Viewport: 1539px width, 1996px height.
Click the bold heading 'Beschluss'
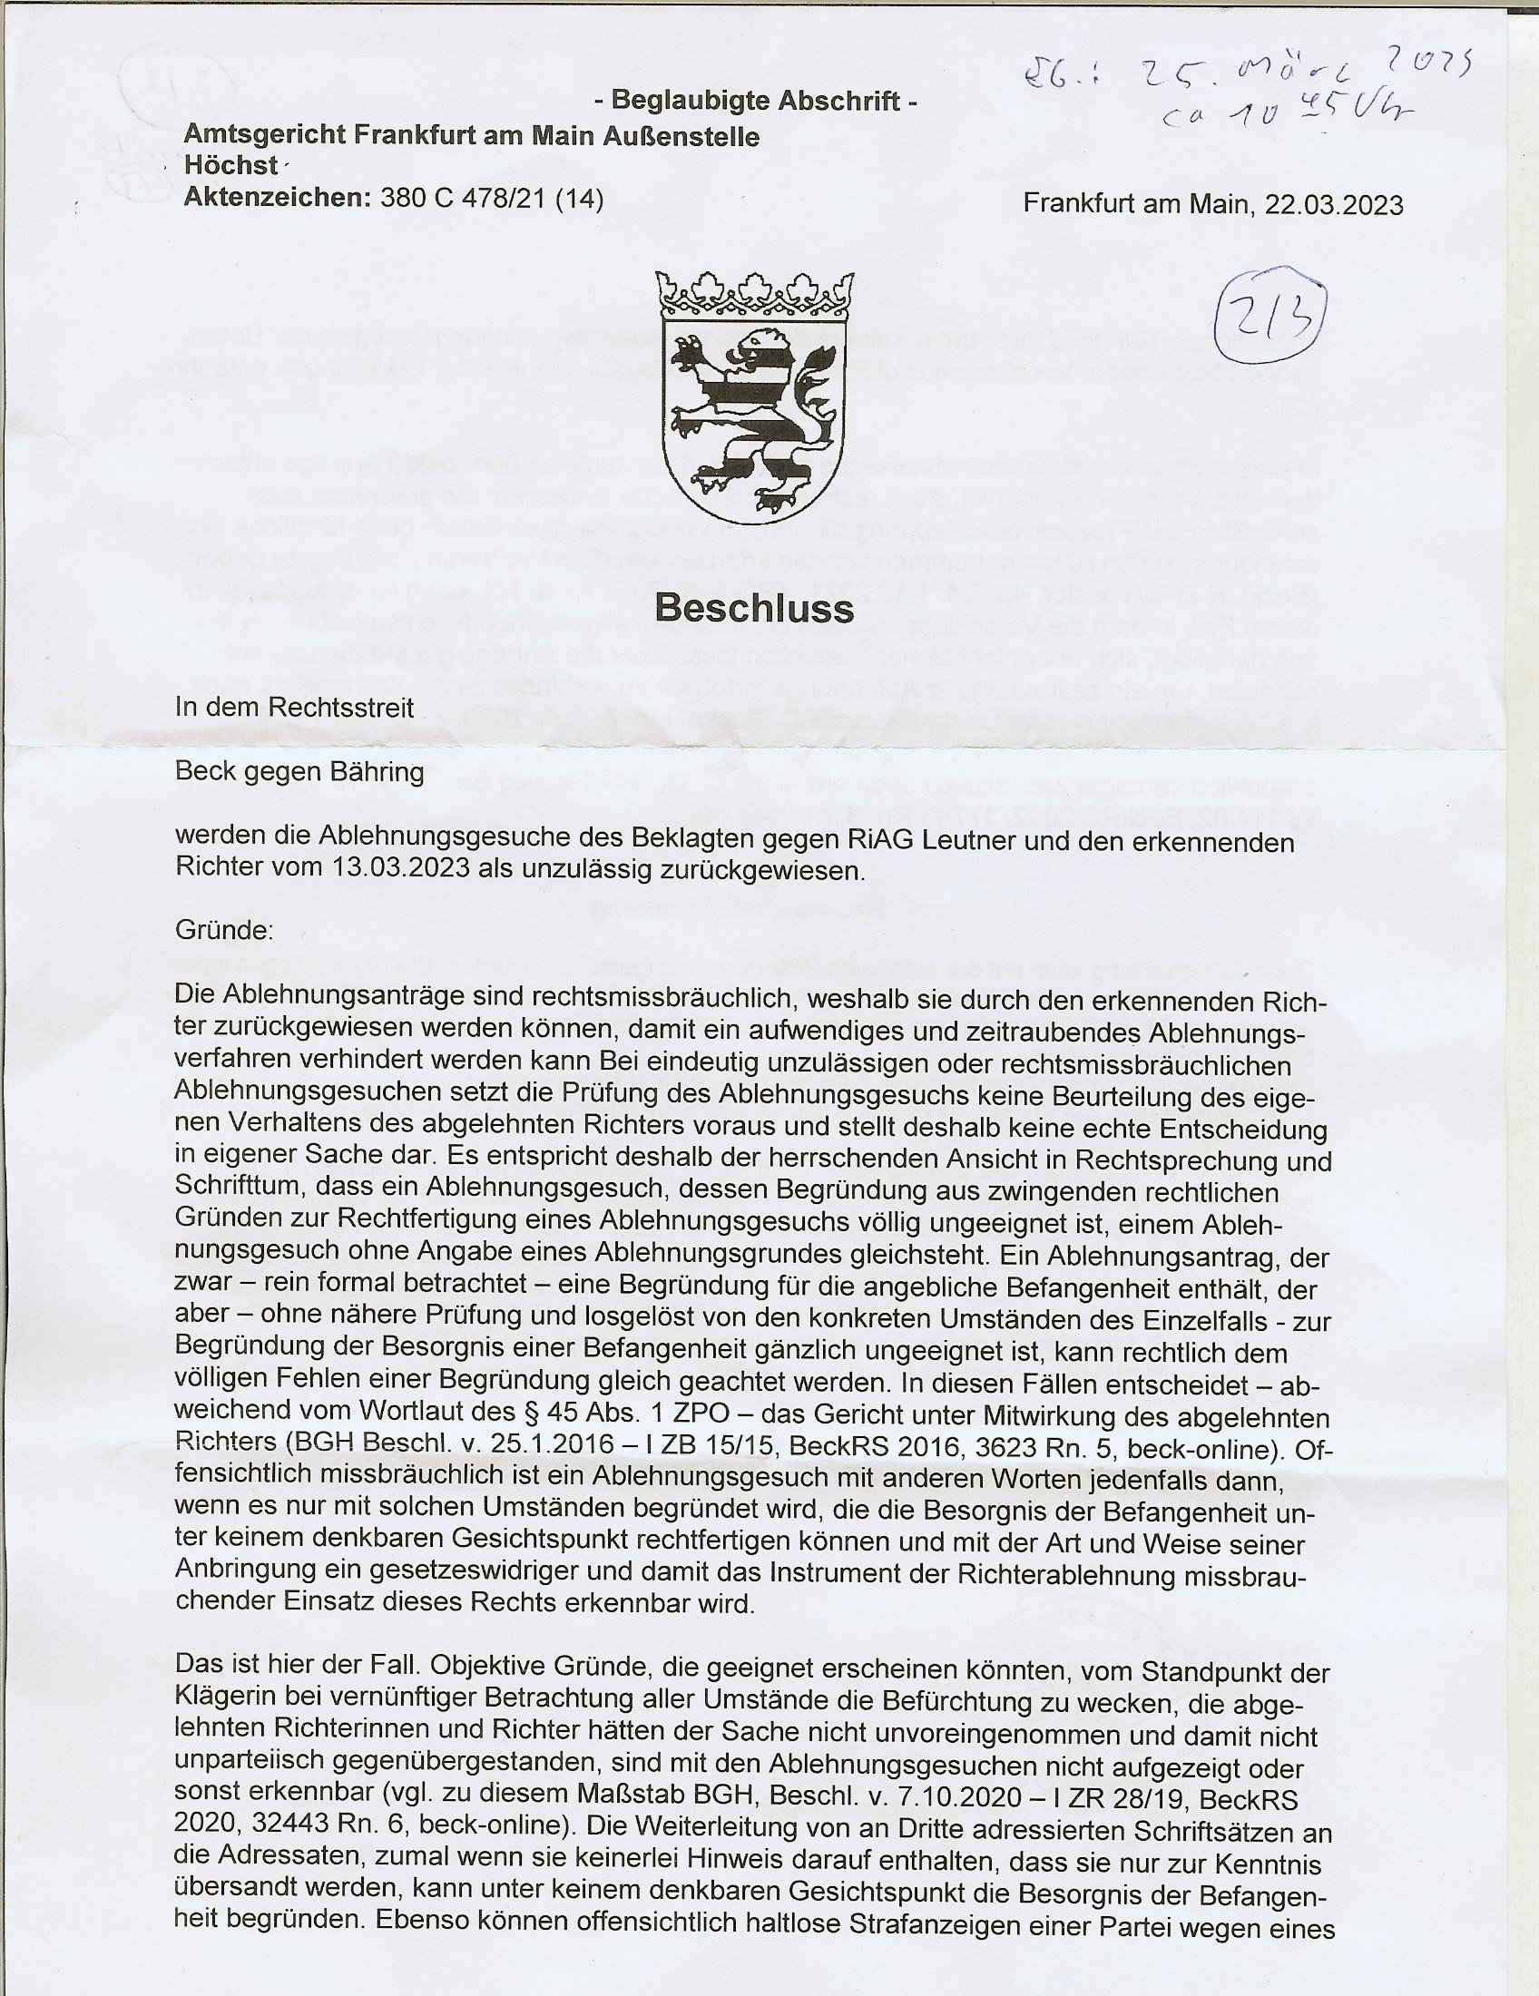754,608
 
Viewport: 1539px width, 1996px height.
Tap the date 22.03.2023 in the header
1333,205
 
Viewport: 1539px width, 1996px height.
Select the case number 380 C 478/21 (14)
485,199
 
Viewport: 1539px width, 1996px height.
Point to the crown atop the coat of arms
754,294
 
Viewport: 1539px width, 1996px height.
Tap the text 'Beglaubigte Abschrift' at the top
755,101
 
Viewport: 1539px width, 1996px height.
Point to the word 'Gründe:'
224,931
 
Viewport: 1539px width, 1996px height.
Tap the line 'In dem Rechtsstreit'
294,708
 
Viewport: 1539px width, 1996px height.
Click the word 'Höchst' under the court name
230,166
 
